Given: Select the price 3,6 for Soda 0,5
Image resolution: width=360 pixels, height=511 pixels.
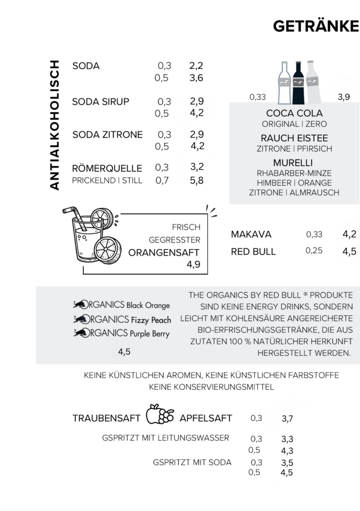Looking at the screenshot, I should (x=196, y=78).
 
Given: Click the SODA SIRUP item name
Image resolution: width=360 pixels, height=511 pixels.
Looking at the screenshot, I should (x=101, y=102).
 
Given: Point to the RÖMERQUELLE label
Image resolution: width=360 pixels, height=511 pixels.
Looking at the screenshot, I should (x=107, y=168).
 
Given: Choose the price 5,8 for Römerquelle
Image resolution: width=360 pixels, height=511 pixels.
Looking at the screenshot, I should (x=196, y=180).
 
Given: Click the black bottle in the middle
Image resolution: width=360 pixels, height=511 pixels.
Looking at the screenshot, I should (x=298, y=81).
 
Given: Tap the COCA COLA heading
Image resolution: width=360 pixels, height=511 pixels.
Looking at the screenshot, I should (x=294, y=113).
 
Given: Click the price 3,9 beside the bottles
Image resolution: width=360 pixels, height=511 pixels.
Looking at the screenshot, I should (x=344, y=97).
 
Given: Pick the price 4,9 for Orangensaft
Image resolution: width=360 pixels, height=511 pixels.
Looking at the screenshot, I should (x=193, y=264).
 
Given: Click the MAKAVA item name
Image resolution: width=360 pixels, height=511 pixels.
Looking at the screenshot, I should (x=251, y=235).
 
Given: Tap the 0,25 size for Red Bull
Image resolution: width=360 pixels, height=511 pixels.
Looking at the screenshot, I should (x=314, y=251).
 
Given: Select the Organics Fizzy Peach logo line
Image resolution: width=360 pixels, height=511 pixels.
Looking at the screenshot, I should (x=122, y=320).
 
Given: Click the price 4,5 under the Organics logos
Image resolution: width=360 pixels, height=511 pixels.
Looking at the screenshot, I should (x=124, y=352).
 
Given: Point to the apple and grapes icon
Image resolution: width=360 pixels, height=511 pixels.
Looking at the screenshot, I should (x=160, y=415).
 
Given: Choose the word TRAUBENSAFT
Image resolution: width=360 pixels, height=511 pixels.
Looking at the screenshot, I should (x=106, y=418).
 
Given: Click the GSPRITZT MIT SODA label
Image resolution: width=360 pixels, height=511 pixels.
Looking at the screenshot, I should (x=192, y=463).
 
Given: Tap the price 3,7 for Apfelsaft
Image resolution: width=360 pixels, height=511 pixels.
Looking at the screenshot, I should (x=287, y=419).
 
